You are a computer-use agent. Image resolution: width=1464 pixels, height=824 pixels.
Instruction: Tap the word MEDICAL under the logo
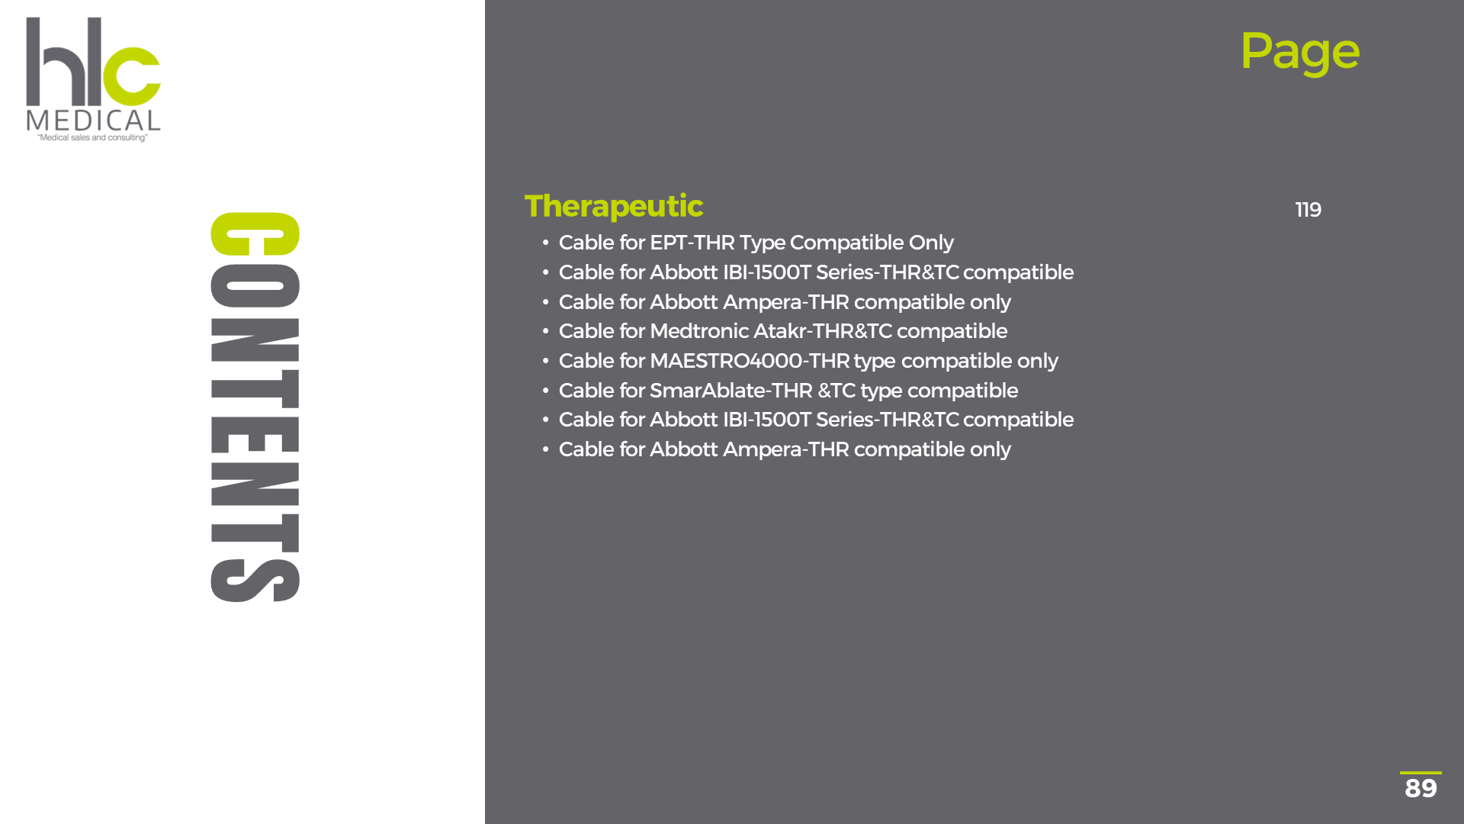coord(93,121)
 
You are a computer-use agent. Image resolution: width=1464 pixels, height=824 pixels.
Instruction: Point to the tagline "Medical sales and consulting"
coord(92,138)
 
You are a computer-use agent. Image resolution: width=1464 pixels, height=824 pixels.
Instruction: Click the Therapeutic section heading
coord(614,206)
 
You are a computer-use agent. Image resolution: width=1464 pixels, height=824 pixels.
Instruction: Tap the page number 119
coord(1308,210)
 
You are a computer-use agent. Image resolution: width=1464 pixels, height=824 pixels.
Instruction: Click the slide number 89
coord(1421,788)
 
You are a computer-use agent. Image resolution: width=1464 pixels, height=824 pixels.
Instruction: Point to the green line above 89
coord(1421,773)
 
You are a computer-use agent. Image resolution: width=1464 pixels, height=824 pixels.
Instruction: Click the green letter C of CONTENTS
coord(255,233)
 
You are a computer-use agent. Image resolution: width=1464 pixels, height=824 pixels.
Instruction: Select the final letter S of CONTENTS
coord(255,581)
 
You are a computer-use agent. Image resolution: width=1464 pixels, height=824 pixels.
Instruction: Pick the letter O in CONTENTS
coord(255,285)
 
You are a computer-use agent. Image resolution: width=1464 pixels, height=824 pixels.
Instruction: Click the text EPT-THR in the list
coord(692,243)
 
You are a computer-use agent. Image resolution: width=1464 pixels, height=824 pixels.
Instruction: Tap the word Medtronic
coord(699,331)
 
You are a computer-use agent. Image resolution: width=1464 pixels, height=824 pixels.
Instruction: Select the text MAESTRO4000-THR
coord(750,361)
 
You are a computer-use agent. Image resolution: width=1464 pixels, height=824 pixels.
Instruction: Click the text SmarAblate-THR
coord(731,391)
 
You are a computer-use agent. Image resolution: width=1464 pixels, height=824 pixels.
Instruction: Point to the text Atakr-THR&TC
coord(823,331)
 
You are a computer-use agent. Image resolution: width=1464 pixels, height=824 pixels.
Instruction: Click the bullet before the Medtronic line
coord(545,332)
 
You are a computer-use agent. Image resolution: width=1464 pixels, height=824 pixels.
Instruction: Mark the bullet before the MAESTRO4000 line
coord(545,362)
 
